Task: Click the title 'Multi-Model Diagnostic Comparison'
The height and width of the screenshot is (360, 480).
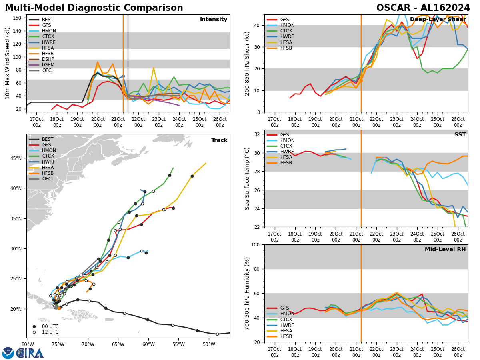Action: click(94, 8)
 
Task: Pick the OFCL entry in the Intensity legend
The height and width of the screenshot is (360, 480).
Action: click(48, 70)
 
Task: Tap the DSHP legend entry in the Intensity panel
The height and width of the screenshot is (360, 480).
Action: click(48, 59)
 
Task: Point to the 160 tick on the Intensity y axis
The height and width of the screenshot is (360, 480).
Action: click(17, 18)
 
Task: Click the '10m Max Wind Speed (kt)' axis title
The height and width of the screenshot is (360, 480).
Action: click(8, 63)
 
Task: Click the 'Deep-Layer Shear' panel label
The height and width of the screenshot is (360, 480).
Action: click(438, 20)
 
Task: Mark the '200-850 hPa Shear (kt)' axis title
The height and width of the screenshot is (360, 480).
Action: click(247, 63)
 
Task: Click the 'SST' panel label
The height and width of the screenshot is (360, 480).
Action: click(460, 135)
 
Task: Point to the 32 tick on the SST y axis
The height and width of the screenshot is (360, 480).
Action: click(258, 134)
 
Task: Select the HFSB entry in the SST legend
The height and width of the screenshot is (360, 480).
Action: click(286, 163)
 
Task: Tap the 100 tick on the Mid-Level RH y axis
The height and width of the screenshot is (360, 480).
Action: click(256, 244)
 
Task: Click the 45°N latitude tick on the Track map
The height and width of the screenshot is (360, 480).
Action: click(16, 158)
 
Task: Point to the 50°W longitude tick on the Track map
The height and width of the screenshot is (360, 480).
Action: click(208, 344)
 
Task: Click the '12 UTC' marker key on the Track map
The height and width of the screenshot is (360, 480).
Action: click(50, 332)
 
